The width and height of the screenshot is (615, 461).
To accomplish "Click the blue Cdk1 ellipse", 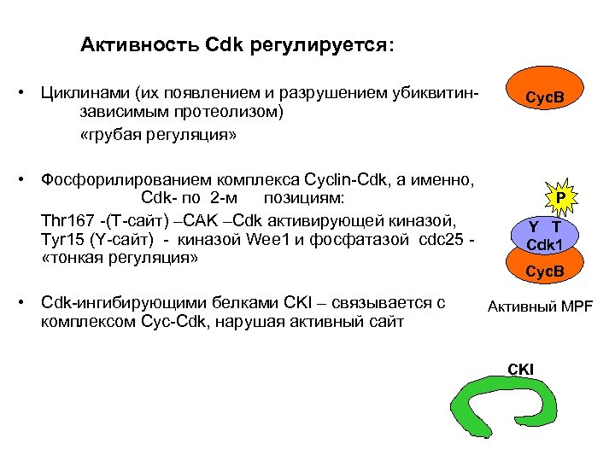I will (x=544, y=236).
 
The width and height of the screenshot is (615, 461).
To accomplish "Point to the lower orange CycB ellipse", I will (x=545, y=269).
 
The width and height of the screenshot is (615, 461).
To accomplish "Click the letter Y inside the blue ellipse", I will (x=533, y=226).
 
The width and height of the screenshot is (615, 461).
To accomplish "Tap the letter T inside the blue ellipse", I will (x=556, y=226).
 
